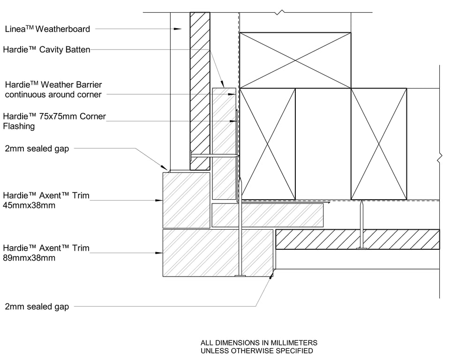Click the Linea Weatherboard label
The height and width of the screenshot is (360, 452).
(x=47, y=29)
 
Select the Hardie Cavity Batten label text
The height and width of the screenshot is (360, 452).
(x=47, y=50)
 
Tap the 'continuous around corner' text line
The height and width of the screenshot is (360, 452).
(x=53, y=95)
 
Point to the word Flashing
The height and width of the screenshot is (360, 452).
(x=19, y=126)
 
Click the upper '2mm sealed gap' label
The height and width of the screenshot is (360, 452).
(x=37, y=149)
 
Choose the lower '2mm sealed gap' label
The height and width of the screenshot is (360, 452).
(x=37, y=307)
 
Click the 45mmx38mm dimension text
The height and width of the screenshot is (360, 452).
(x=29, y=205)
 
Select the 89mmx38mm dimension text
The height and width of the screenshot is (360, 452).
(x=29, y=258)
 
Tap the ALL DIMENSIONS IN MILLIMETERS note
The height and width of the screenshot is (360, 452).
(x=259, y=343)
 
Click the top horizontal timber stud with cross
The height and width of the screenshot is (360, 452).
(x=295, y=60)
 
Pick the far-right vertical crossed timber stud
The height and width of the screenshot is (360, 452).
(x=379, y=144)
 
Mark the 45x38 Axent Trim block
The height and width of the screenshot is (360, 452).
(x=186, y=200)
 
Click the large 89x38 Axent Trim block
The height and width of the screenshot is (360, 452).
(x=218, y=253)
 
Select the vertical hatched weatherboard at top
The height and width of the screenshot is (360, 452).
(x=200, y=91)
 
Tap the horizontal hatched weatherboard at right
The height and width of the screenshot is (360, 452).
(x=358, y=239)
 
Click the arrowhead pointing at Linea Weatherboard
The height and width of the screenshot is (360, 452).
(x=178, y=29)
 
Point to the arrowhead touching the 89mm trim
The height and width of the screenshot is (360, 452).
(x=159, y=253)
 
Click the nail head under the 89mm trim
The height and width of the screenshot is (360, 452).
(x=240, y=276)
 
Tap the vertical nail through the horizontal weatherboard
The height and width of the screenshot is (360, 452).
(x=361, y=225)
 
